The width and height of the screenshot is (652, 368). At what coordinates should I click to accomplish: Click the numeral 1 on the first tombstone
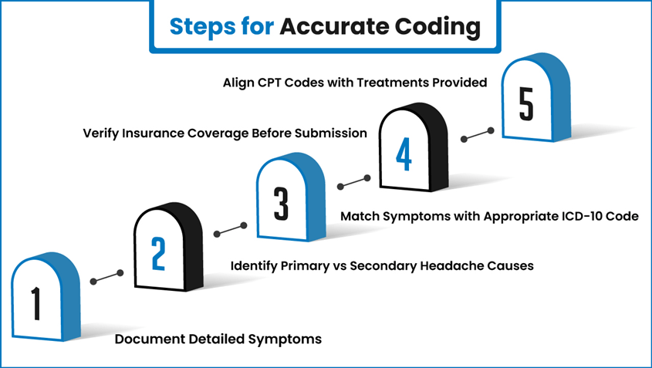tap(35, 302)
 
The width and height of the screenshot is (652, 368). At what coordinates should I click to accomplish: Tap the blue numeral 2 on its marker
tap(158, 252)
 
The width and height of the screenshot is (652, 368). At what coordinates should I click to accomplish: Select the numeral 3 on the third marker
tap(281, 204)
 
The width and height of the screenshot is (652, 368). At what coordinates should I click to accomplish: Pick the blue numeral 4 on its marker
tap(404, 155)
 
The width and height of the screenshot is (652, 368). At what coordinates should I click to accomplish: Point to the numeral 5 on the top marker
tap(526, 105)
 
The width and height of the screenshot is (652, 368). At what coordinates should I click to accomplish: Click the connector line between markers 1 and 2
tap(107, 278)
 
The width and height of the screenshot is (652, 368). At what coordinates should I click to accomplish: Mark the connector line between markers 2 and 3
tap(229, 229)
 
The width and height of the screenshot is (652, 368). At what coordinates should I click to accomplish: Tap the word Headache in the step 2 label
tap(454, 266)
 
